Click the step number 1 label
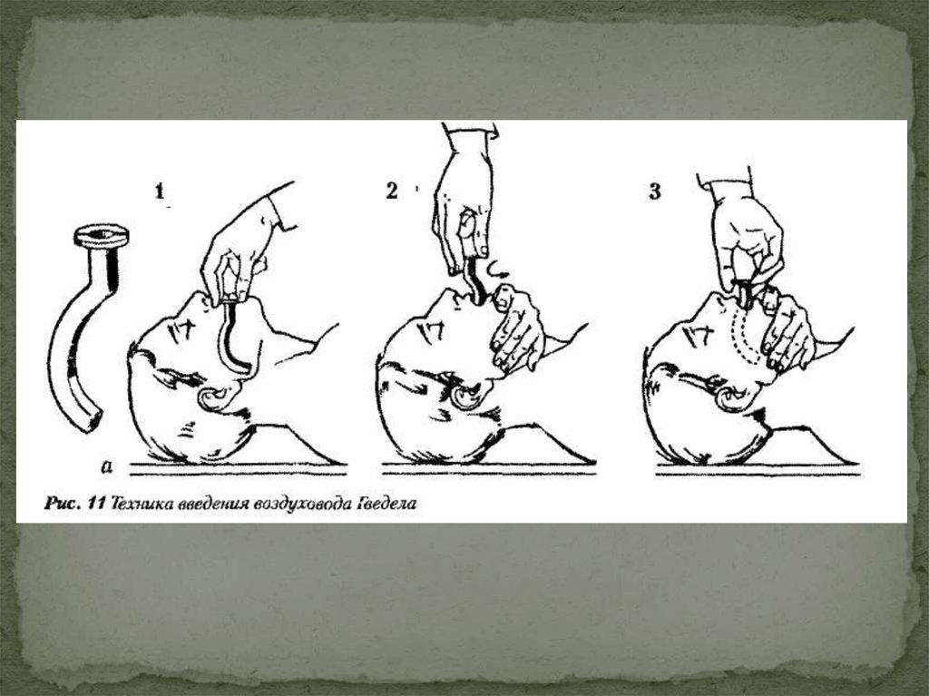tap(159, 191)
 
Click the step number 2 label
tap(392, 191)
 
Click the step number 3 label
tap(655, 191)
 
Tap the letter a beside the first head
tap(107, 466)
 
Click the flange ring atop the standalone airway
tap(102, 236)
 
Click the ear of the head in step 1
tap(214, 398)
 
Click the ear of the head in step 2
tap(465, 397)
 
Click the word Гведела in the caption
tap(385, 504)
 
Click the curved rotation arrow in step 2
tap(496, 270)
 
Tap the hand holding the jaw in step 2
tap(514, 329)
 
